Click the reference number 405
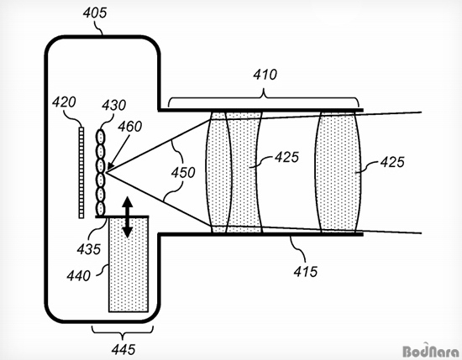coord(95,13)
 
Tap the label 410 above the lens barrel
coord(265,75)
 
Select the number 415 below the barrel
coord(306,271)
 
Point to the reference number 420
coord(64,102)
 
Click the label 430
coord(113,105)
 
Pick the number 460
coord(130,126)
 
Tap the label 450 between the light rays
coord(183,173)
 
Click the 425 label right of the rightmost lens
coord(392,162)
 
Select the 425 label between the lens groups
coord(286,157)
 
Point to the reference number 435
coord(89,249)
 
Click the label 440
coord(78,276)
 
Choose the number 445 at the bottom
coord(123,350)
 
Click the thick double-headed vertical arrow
coord(128,217)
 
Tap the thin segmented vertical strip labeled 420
coord(81,173)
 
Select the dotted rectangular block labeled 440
coord(129,264)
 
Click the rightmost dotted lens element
coord(338,172)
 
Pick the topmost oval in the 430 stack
coord(101,137)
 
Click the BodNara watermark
coord(430,351)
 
